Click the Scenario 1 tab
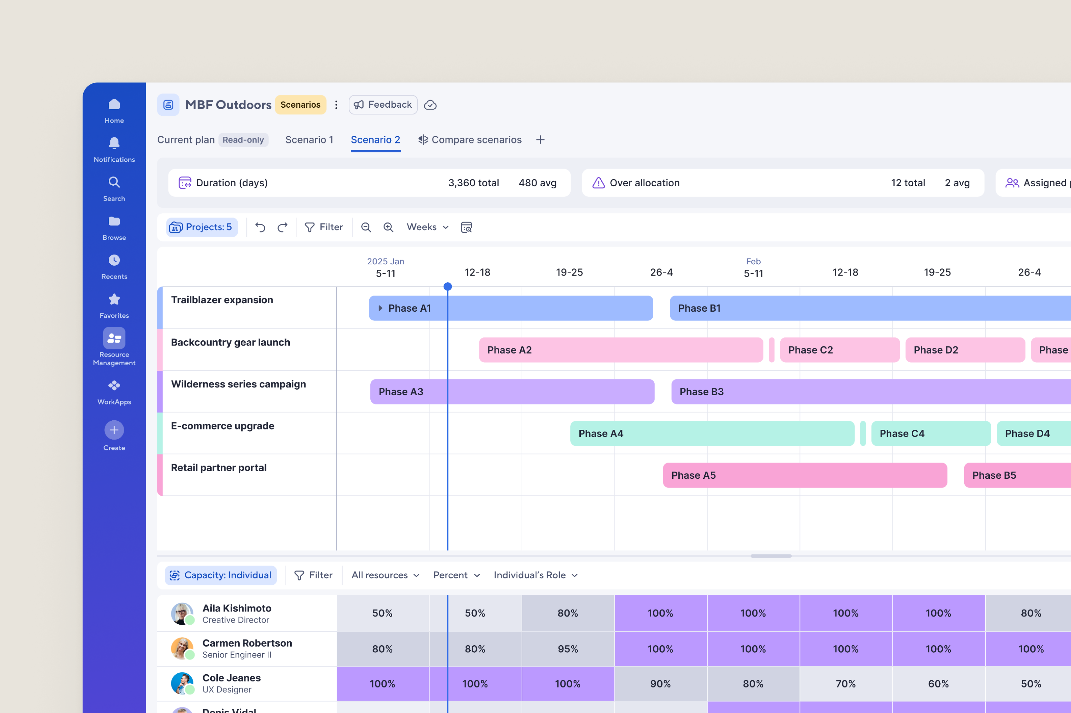pyautogui.click(x=309, y=140)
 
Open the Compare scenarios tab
pyautogui.click(x=470, y=140)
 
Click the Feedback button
pyautogui.click(x=383, y=104)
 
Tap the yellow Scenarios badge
pyautogui.click(x=300, y=104)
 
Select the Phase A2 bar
pyautogui.click(x=621, y=350)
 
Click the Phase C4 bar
pyautogui.click(x=931, y=433)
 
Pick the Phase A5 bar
pyautogui.click(x=805, y=475)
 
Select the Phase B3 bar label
pyautogui.click(x=701, y=392)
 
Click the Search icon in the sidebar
pyautogui.click(x=114, y=182)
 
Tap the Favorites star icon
pyautogui.click(x=114, y=299)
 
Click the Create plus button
pyautogui.click(x=114, y=430)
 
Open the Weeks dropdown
pyautogui.click(x=427, y=227)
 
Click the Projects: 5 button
pyautogui.click(x=202, y=227)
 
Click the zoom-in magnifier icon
pyautogui.click(x=388, y=227)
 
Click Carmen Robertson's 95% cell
pyautogui.click(x=568, y=649)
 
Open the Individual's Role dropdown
pyautogui.click(x=535, y=575)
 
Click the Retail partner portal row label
pyautogui.click(x=218, y=467)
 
